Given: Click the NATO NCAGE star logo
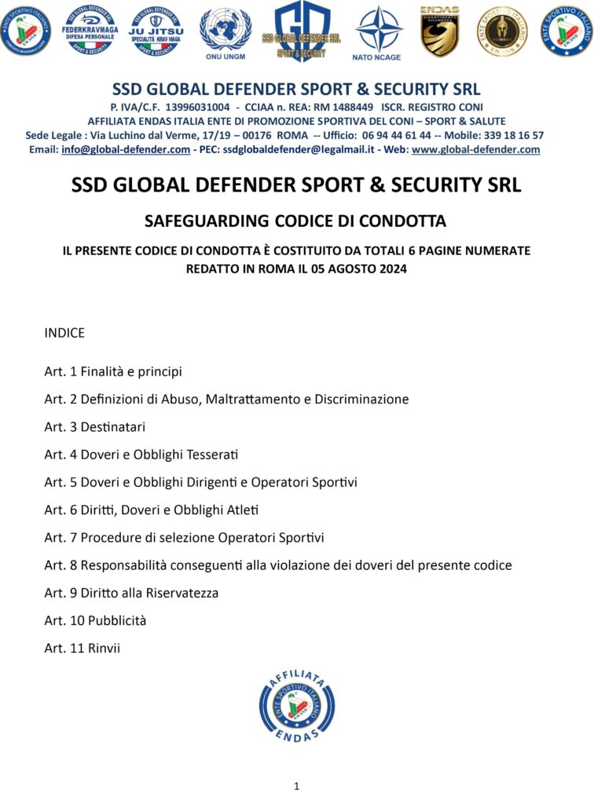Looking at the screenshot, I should click(x=379, y=30).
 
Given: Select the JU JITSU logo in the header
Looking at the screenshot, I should click(x=156, y=31).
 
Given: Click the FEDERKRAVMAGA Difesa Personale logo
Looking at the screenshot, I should click(x=90, y=30).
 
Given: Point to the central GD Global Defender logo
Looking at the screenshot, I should click(x=301, y=30).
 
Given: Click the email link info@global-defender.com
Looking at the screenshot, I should click(x=126, y=149).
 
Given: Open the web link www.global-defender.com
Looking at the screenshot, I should click(x=475, y=149).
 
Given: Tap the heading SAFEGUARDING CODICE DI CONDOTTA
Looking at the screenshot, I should click(x=296, y=221).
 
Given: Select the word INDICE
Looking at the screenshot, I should click(x=64, y=333).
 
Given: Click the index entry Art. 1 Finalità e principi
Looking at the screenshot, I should click(x=113, y=371).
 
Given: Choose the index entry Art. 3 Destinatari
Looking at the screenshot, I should click(x=95, y=426).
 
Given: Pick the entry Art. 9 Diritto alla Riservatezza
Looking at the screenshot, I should click(x=131, y=593).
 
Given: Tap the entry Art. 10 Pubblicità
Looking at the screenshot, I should click(x=95, y=620).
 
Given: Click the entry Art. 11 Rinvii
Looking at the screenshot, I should click(x=82, y=648).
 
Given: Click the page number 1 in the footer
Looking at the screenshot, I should click(x=296, y=785).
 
